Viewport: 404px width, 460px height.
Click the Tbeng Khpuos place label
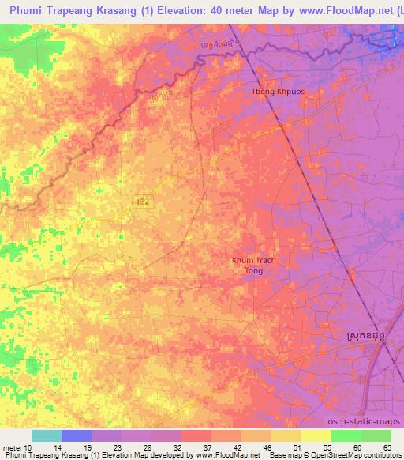click(272, 90)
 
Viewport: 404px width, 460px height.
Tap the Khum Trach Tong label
click(253, 266)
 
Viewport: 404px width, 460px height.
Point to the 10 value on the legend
click(28, 447)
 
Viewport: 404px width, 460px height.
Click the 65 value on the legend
click(387, 447)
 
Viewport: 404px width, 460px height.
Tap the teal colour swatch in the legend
click(47, 435)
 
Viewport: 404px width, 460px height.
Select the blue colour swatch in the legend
click(77, 435)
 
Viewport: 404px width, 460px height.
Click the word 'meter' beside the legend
click(12, 447)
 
